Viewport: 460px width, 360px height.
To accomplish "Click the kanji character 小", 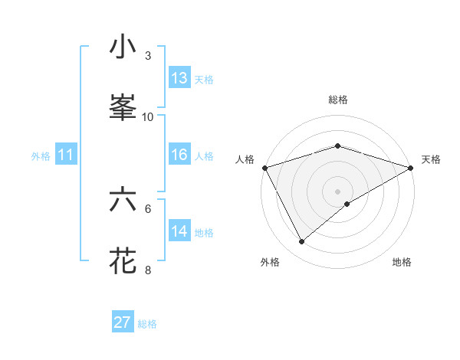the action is pos(123,47).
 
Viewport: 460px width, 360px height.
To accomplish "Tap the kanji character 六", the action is pos(123,200).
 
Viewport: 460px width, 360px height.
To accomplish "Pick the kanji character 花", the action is pos(123,260).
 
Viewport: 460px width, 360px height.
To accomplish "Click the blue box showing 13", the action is pos(179,78).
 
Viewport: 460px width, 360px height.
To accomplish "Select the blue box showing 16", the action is pos(179,155).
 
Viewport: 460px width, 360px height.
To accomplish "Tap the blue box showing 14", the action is pos(179,231).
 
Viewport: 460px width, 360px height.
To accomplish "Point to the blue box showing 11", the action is pos(66,155).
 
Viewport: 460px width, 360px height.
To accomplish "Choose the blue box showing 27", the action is pos(123,322).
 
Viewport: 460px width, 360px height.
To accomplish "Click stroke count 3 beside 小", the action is pos(148,56).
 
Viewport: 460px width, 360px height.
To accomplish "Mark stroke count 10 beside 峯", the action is pos(148,116).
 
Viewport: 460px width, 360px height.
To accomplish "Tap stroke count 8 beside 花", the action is pos(148,270).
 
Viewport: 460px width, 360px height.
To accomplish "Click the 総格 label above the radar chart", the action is pos(337,100).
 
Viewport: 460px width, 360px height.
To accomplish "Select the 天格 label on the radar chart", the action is pos(431,159).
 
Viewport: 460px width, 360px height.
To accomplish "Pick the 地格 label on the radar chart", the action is pos(402,262).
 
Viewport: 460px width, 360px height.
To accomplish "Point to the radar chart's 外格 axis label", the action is pos(270,262).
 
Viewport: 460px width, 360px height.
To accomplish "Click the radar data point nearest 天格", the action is pos(411,168).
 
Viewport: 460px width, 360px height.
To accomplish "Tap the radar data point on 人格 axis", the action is pos(264,168).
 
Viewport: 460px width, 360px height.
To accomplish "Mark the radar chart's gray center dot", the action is pos(337,191).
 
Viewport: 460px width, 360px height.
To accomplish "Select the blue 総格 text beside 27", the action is pos(147,324).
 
